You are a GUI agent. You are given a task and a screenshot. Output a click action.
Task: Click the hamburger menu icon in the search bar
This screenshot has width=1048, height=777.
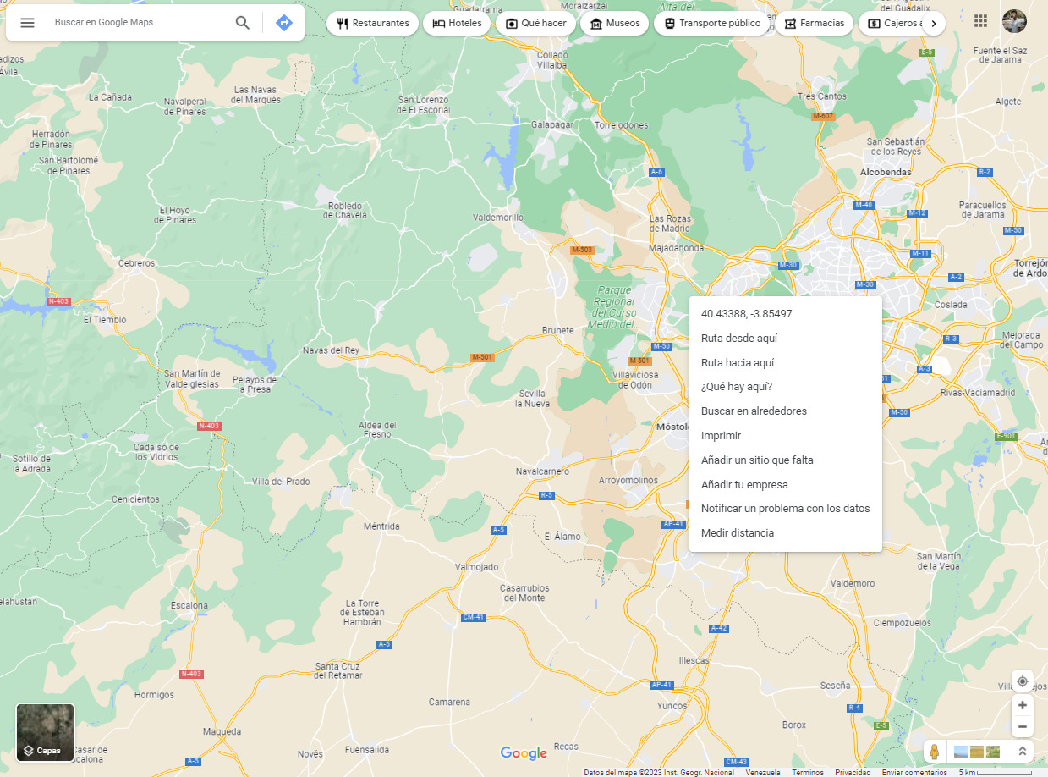click(x=27, y=23)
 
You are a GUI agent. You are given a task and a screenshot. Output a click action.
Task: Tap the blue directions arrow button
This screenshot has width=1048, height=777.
click(x=284, y=23)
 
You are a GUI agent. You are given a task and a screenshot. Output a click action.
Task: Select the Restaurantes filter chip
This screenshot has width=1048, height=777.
click(x=372, y=24)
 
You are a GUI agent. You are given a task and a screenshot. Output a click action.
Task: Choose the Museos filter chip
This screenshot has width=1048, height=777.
click(x=614, y=24)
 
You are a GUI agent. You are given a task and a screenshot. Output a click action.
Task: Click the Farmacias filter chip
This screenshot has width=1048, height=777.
click(x=814, y=24)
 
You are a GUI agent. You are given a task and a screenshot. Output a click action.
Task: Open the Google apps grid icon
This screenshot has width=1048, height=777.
click(x=981, y=21)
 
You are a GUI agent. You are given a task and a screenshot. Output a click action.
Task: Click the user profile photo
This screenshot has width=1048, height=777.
click(x=1014, y=21)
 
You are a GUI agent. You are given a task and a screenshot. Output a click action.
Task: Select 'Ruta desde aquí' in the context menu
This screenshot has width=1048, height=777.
click(x=738, y=339)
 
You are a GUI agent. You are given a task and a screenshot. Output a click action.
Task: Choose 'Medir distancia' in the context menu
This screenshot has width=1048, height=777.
click(x=737, y=533)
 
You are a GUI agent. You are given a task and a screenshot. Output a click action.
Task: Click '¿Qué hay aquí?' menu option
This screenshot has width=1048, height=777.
click(x=736, y=387)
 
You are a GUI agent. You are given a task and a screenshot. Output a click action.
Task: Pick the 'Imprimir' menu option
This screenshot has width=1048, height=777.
click(x=721, y=436)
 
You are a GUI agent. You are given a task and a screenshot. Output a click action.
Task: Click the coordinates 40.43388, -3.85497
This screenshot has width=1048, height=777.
click(x=746, y=314)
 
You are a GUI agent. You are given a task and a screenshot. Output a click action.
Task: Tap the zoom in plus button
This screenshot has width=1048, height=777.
click(x=1022, y=705)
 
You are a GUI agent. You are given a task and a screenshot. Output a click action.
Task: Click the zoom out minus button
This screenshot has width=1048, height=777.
click(x=1022, y=726)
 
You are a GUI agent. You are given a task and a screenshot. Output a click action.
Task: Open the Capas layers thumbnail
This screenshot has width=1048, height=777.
click(x=46, y=732)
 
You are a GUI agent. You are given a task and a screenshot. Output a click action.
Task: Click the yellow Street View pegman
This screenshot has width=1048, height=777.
click(x=934, y=752)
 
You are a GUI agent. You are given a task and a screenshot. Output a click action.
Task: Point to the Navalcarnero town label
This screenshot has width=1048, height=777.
click(x=542, y=471)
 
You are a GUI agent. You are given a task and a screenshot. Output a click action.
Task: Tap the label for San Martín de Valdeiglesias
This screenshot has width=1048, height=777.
click(x=191, y=378)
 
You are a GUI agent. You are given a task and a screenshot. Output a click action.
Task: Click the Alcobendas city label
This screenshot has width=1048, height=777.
click(x=885, y=172)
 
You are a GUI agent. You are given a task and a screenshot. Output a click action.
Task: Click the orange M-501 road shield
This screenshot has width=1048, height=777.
click(x=482, y=358)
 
